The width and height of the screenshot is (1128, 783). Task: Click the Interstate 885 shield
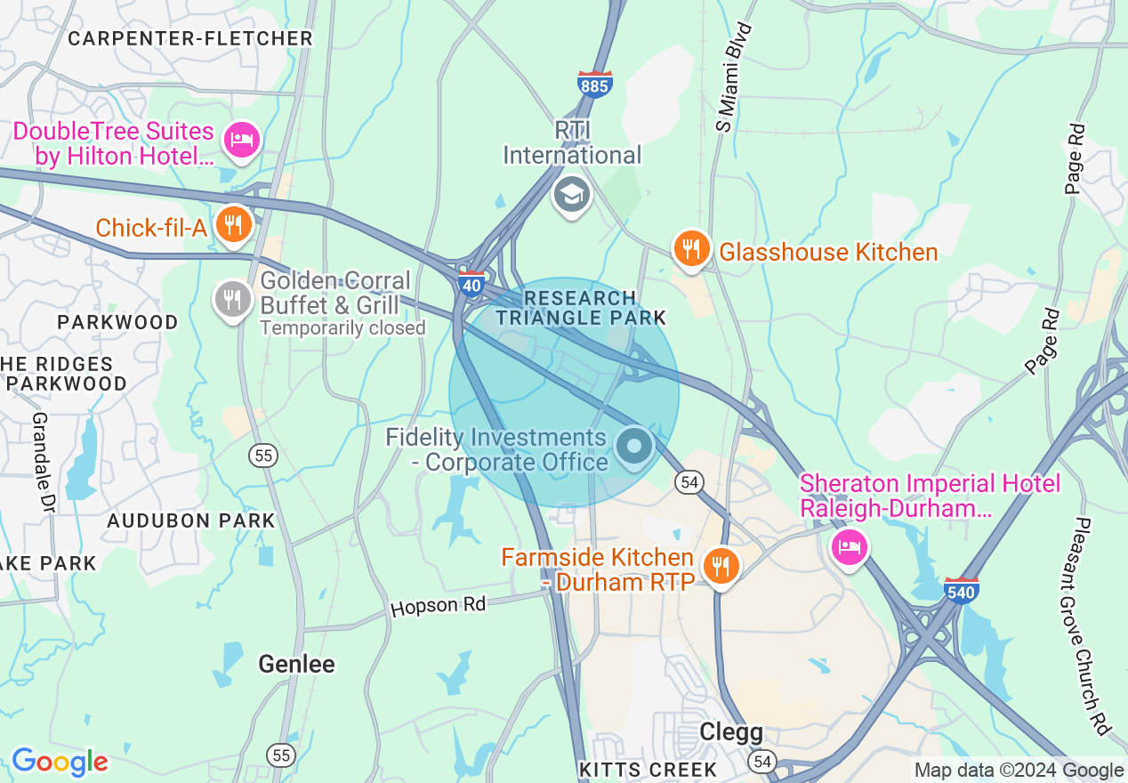(x=593, y=84)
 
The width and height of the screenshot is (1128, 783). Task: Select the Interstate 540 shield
(x=961, y=589)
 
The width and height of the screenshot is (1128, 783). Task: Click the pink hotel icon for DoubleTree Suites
(x=242, y=140)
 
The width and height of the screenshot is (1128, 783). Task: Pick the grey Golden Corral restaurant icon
(x=232, y=298)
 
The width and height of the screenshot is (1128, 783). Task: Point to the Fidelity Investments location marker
(x=634, y=445)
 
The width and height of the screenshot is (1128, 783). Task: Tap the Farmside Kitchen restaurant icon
(x=721, y=565)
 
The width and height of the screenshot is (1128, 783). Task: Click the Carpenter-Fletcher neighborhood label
(x=190, y=38)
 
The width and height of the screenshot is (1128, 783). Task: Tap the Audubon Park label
(x=191, y=521)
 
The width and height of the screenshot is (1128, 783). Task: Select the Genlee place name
(x=296, y=664)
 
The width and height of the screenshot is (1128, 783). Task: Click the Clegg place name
(x=731, y=731)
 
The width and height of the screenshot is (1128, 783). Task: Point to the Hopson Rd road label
(x=439, y=606)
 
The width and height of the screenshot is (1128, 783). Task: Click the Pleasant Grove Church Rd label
(x=1093, y=626)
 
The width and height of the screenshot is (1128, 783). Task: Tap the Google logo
(x=60, y=762)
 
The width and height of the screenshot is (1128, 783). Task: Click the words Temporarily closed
(x=342, y=328)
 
